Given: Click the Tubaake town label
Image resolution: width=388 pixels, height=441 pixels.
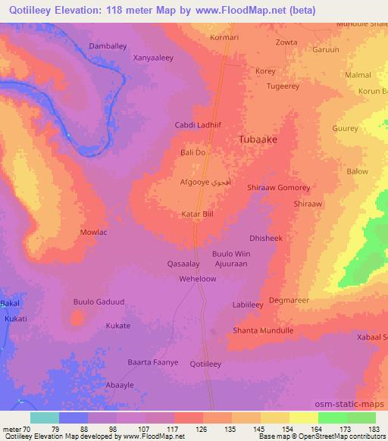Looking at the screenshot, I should (258, 140).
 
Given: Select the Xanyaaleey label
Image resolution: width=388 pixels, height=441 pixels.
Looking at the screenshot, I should (154, 57).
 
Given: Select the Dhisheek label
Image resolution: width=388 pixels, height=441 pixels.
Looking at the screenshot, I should (265, 238).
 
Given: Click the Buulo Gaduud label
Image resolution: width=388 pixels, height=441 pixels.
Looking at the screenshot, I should (99, 302).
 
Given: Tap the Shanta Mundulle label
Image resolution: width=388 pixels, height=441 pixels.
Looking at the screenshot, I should (263, 330).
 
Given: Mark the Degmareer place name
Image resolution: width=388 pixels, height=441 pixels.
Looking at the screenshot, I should (289, 300).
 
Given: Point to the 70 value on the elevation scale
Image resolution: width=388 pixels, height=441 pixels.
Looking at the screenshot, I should (28, 430).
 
